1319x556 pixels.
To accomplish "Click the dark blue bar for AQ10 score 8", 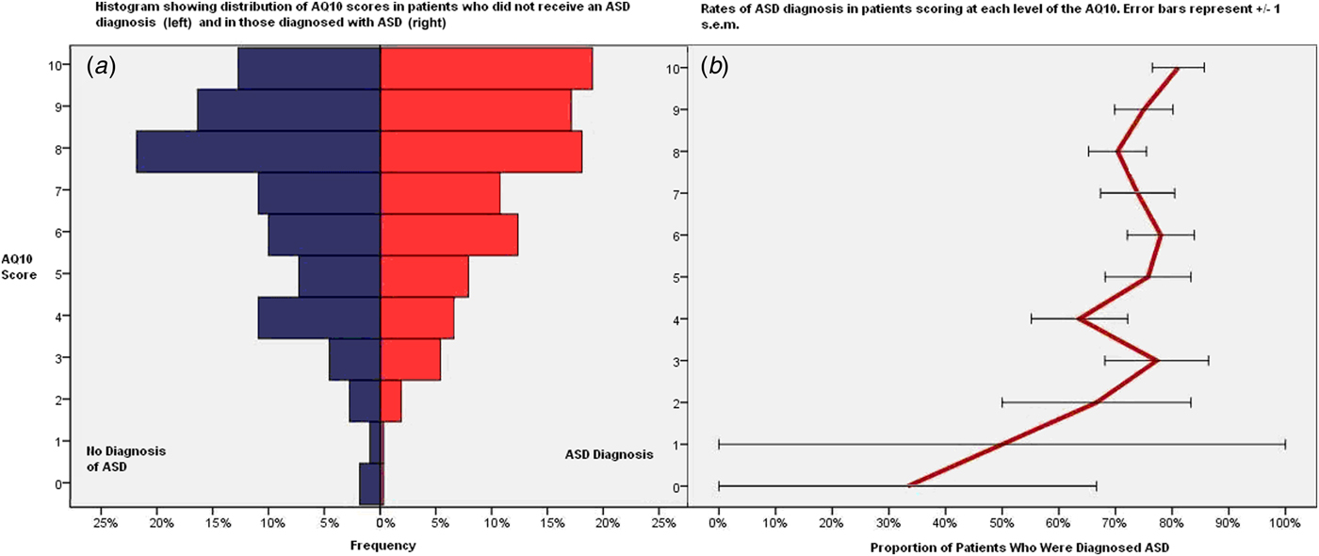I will point(258,152).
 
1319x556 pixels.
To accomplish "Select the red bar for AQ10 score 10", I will point(486,69).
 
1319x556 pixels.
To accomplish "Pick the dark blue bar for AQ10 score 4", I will point(319,318).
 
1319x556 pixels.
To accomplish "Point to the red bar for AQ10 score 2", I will point(391,401).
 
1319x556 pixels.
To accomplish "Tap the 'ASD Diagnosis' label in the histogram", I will point(609,454).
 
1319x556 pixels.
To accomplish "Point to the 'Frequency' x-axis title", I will point(383,546).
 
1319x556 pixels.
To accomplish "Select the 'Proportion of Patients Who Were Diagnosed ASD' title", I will point(1001,546).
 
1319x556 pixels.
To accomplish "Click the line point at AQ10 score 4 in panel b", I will point(1078,319).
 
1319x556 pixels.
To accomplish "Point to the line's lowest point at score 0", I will point(908,486).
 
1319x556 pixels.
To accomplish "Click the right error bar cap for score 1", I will point(1285,444).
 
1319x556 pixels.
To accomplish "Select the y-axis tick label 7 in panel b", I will point(702,193).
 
